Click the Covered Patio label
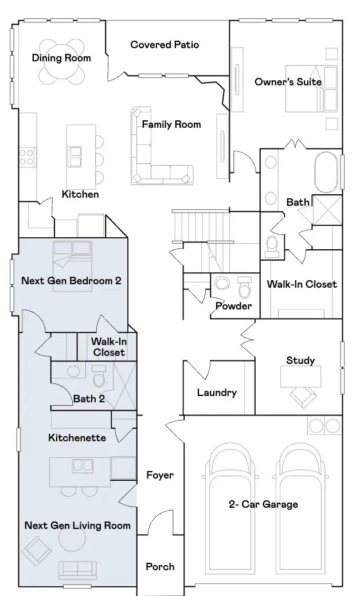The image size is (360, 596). click(165, 45)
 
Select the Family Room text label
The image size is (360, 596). click(171, 124)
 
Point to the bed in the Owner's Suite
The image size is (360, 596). click(311, 89)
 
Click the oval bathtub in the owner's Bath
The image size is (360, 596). click(326, 173)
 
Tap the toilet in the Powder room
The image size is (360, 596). click(244, 287)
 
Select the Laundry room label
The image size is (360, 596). click(217, 393)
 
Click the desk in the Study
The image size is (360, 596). click(300, 377)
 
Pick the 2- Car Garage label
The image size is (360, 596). click(263, 504)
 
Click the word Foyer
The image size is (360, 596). click(160, 475)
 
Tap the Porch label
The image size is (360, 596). click(160, 567)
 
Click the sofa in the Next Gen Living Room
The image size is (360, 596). click(77, 570)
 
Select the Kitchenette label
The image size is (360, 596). click(77, 438)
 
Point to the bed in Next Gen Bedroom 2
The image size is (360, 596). click(72, 266)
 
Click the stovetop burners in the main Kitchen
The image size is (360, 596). click(26, 158)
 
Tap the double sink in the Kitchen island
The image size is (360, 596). click(75, 156)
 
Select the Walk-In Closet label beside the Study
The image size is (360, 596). click(302, 284)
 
